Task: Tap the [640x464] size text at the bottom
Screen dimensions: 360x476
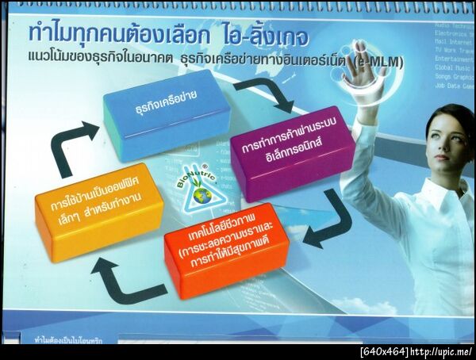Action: (385, 351)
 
